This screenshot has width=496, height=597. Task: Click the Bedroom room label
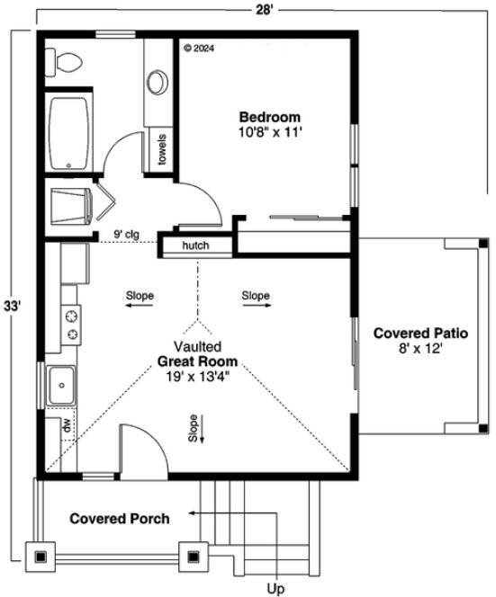coord(269,117)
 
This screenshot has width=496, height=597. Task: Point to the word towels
coord(163,148)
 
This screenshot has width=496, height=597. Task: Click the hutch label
coord(194,245)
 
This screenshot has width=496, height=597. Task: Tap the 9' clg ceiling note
coord(126,236)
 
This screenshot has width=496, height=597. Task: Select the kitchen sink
coord(62,387)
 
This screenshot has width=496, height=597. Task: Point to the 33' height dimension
coord(12,305)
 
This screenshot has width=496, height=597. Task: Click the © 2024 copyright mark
coord(201,49)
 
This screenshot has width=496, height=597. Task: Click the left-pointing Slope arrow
coord(139,306)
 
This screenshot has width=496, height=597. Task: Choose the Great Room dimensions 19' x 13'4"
coord(198,377)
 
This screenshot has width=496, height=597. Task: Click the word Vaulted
coord(198,346)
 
